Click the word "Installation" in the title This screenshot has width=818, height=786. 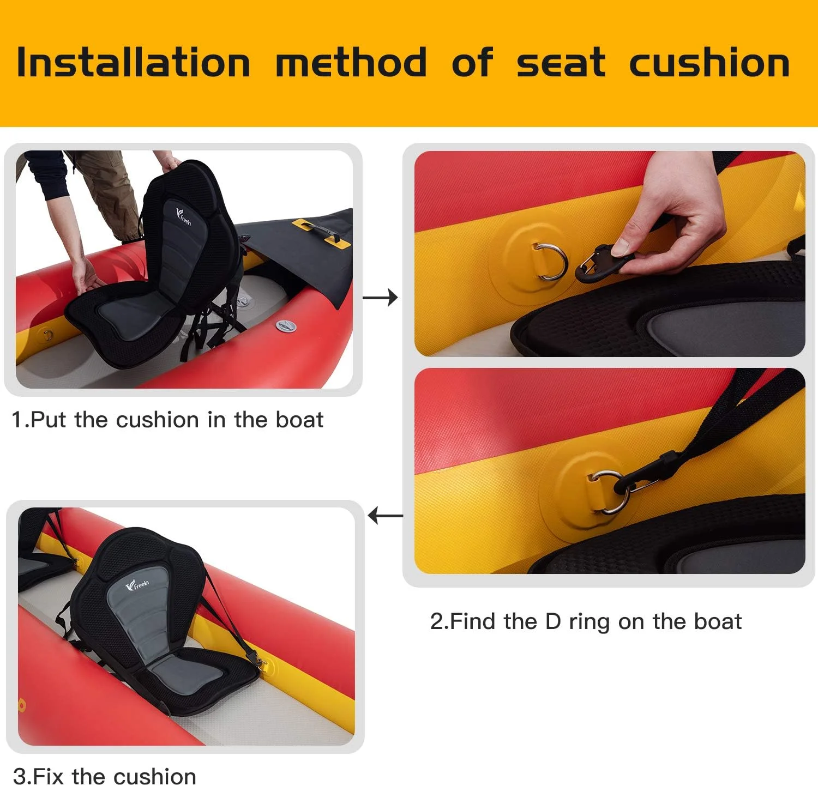pyautogui.click(x=134, y=63)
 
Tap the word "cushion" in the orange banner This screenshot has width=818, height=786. pyautogui.click(x=709, y=63)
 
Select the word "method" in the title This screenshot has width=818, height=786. pyautogui.click(x=351, y=63)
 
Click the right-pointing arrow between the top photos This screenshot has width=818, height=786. pyautogui.click(x=380, y=298)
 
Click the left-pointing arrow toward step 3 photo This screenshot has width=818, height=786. pyautogui.click(x=385, y=515)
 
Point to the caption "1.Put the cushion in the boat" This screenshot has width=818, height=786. pyautogui.click(x=167, y=420)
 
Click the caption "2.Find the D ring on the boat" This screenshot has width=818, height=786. pyautogui.click(x=585, y=621)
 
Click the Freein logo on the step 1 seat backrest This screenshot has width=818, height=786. pyautogui.click(x=184, y=216)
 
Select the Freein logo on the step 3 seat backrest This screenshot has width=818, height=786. pyautogui.click(x=137, y=585)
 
